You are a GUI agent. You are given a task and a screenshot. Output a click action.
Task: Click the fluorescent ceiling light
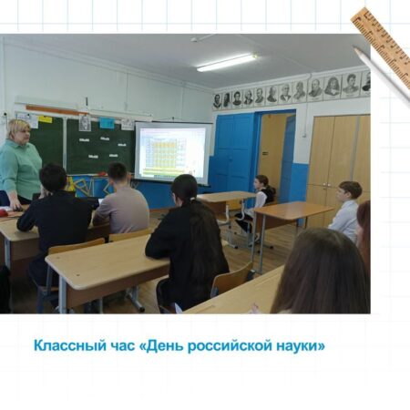pos(227,62)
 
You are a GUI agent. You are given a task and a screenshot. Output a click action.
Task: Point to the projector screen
pos(173,152)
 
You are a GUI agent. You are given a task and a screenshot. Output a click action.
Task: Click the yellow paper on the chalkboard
pos(45,119)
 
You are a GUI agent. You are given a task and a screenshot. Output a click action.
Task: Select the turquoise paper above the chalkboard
pos(107,123)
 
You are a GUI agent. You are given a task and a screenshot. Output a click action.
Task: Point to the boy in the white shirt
pos(346,210)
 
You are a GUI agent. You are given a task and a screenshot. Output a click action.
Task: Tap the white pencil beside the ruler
pos(382,77)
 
